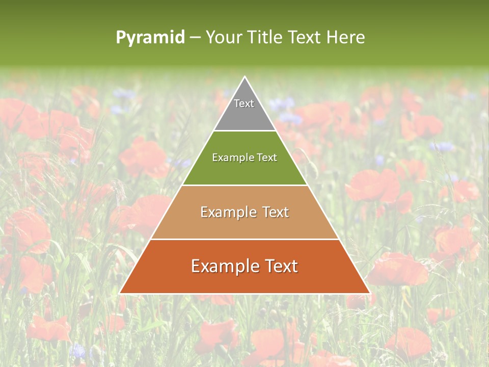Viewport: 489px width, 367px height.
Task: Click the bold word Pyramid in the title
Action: pos(150,38)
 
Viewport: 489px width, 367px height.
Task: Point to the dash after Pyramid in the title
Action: pos(195,38)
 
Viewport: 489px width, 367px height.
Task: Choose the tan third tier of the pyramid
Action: pos(244,224)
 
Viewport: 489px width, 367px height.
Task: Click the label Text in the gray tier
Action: pos(244,103)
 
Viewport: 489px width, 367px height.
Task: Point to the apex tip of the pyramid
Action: pos(244,77)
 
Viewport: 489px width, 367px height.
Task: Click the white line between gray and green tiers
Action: pos(244,131)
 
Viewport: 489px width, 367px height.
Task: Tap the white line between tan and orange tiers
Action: pos(244,239)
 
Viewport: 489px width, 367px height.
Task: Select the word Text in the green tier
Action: pos(266,158)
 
